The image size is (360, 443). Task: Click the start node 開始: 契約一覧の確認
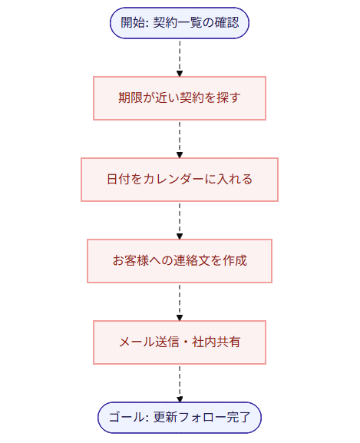click(180, 22)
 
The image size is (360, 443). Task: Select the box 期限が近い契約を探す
click(180, 98)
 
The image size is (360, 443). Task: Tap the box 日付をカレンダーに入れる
click(180, 180)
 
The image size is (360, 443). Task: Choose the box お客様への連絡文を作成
click(180, 261)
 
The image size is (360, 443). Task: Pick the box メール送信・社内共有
click(180, 342)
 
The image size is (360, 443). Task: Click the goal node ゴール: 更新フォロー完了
click(180, 418)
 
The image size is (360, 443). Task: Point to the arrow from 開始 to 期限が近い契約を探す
click(180, 58)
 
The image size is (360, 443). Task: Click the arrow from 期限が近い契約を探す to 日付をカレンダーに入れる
click(180, 139)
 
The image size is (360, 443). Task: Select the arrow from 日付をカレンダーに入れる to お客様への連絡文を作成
click(180, 220)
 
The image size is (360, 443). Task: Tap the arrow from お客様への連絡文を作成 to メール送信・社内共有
click(180, 302)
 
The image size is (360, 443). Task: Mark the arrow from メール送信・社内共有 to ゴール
click(180, 382)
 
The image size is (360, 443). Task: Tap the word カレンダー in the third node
click(173, 180)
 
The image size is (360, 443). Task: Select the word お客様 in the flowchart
click(131, 261)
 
